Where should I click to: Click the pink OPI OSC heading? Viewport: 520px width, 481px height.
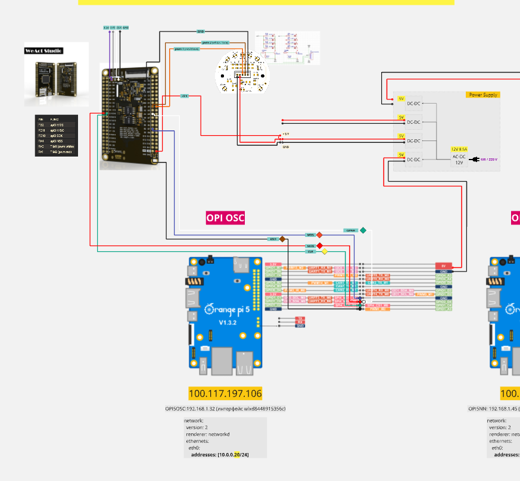[x=225, y=218]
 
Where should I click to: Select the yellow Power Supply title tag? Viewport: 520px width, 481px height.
[x=483, y=95]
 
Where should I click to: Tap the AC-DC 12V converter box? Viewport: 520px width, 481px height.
[x=459, y=159]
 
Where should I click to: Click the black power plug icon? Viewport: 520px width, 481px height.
[x=475, y=159]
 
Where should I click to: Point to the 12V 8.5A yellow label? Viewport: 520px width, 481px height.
[x=459, y=149]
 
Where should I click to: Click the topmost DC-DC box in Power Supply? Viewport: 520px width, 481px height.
[x=413, y=103]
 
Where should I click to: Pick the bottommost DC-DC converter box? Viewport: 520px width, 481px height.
[x=413, y=160]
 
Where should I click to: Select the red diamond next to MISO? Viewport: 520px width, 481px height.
[x=319, y=245]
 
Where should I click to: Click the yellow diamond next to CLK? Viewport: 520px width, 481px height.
[x=324, y=251]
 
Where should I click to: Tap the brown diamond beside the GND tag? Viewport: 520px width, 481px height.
[x=282, y=239]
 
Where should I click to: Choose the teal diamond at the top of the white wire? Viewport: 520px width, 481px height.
[x=363, y=230]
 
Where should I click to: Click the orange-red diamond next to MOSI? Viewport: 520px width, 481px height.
[x=319, y=235]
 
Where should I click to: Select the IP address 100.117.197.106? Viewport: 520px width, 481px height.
[x=225, y=393]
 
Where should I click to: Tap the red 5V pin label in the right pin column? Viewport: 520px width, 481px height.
[x=443, y=266]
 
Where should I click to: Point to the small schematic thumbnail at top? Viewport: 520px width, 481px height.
[x=288, y=48]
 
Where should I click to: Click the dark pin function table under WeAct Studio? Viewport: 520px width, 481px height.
[x=56, y=136]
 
